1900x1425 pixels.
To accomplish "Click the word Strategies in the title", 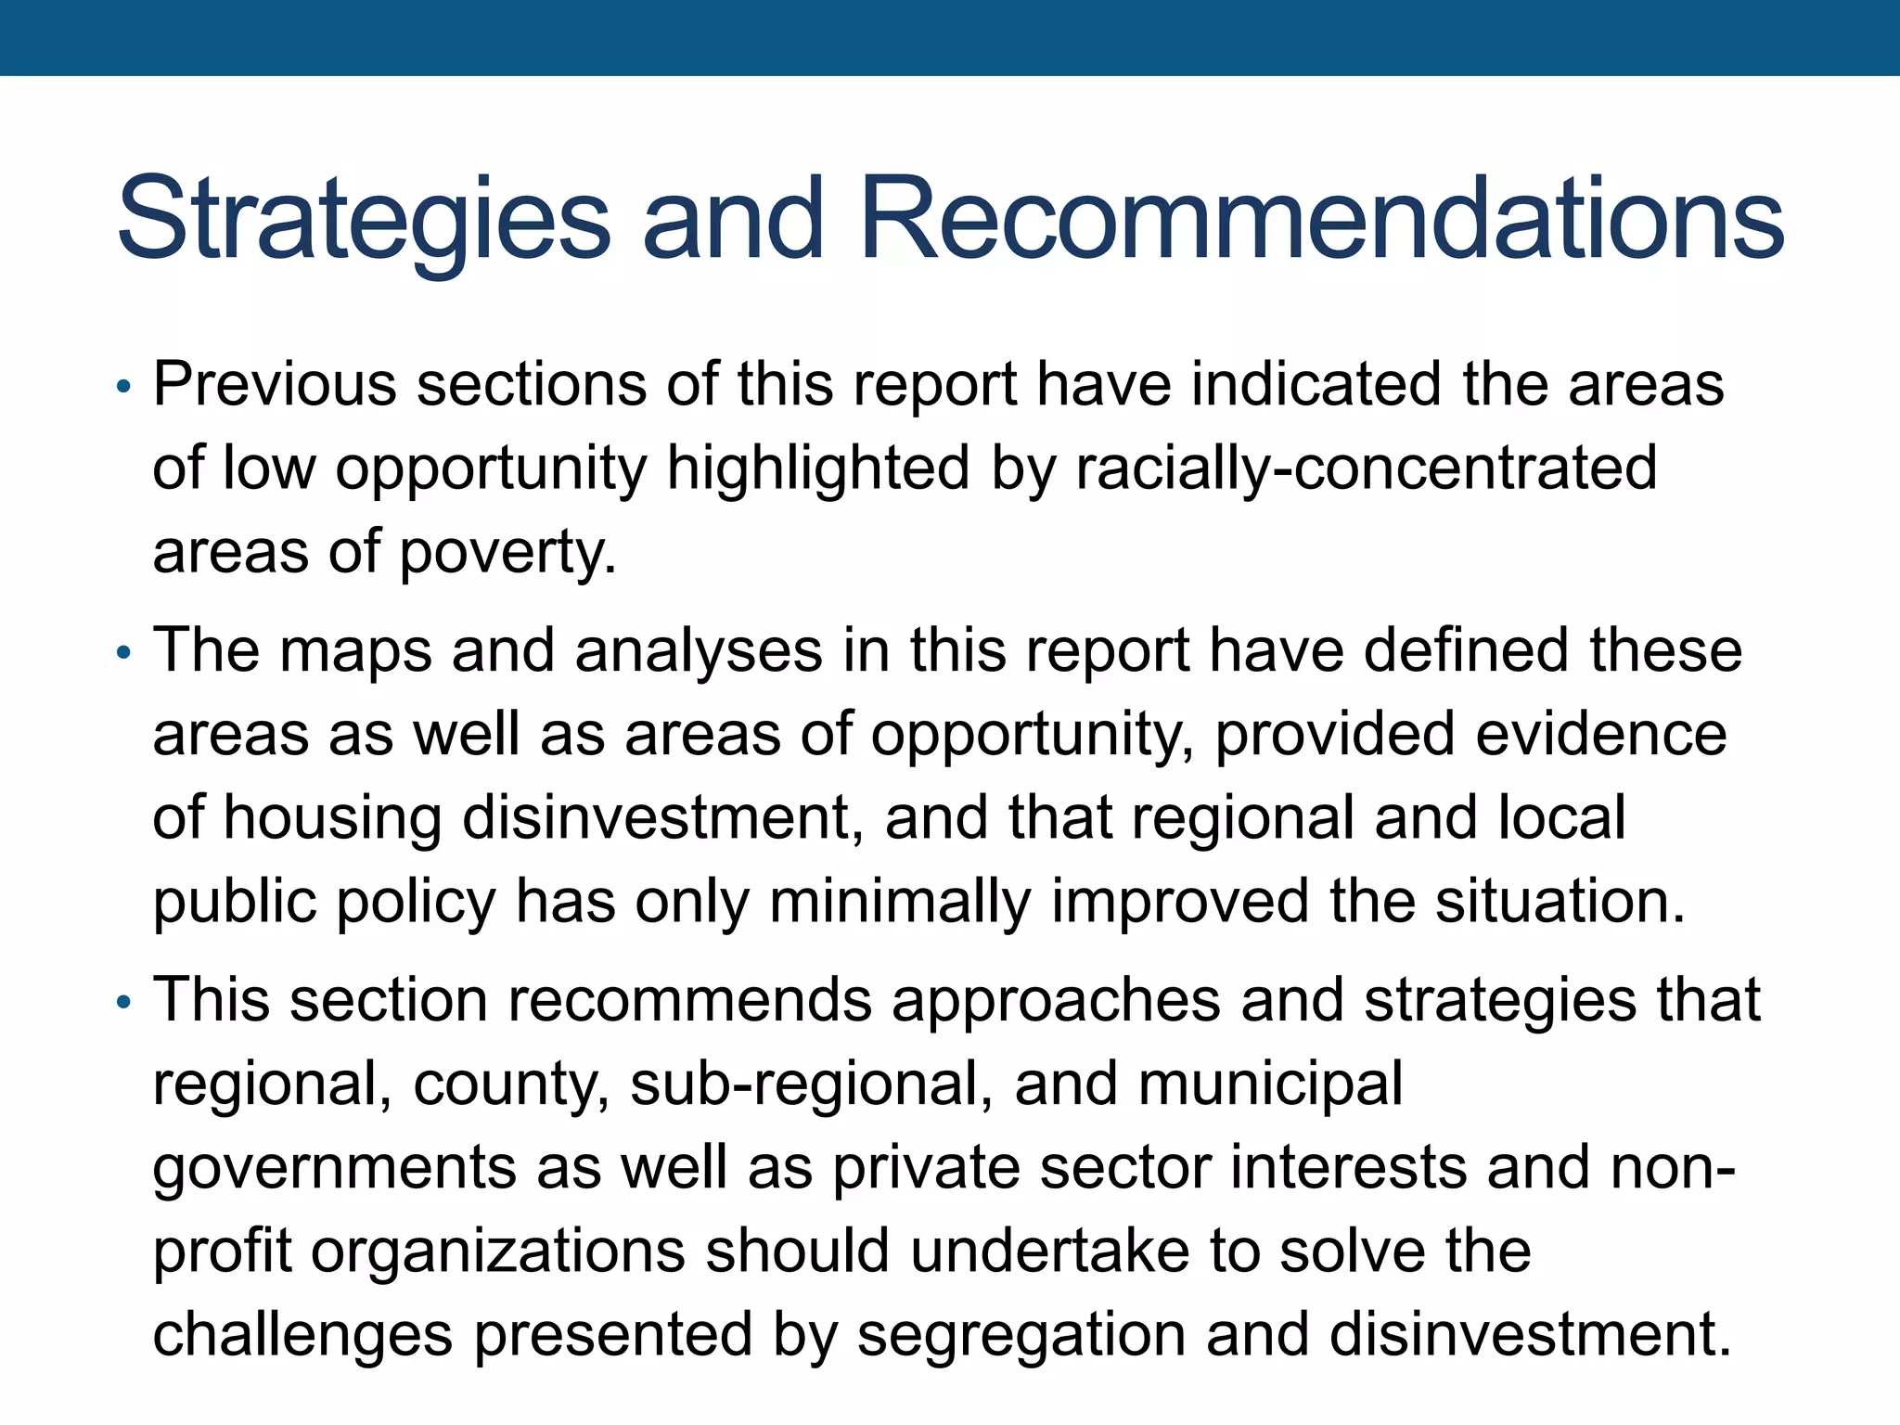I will click(x=364, y=220).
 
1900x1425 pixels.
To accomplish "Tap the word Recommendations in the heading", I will click(x=1321, y=220).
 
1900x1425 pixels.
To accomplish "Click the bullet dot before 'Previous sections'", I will click(x=123, y=386).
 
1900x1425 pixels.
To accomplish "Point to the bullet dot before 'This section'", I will click(x=123, y=1003).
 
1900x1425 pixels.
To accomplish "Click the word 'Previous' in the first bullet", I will click(x=275, y=384).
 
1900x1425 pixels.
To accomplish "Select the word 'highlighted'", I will click(x=818, y=468).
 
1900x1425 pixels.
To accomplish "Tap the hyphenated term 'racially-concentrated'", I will click(x=1366, y=468).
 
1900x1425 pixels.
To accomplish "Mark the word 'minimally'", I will click(x=899, y=902).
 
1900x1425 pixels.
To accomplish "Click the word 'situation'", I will click(x=1560, y=902).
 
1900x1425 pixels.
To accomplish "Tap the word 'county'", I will click(x=511, y=1085).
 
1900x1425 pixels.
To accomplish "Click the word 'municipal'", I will click(x=1270, y=1085).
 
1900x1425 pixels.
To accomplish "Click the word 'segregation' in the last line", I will click(x=1021, y=1335).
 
